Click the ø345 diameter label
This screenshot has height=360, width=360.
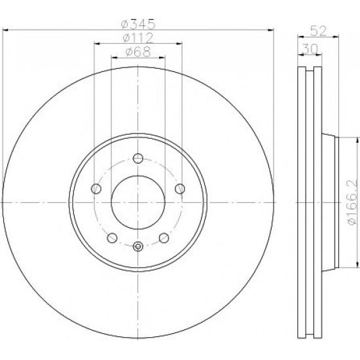pyautogui.click(x=138, y=24)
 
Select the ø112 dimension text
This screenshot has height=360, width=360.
pyautogui.click(x=137, y=38)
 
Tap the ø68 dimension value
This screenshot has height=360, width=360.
pyautogui.click(x=138, y=52)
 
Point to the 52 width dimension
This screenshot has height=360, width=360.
pyautogui.click(x=318, y=31)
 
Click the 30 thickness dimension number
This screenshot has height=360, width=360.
pyautogui.click(x=310, y=48)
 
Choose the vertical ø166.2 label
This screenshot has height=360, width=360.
pyautogui.click(x=352, y=202)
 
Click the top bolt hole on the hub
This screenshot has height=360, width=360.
pyautogui.click(x=138, y=158)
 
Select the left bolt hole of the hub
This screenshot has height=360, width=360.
pyautogui.click(x=96, y=189)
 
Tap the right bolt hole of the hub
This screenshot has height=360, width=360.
pyautogui.click(x=180, y=189)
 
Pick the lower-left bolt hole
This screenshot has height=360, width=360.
pyautogui.click(x=112, y=238)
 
